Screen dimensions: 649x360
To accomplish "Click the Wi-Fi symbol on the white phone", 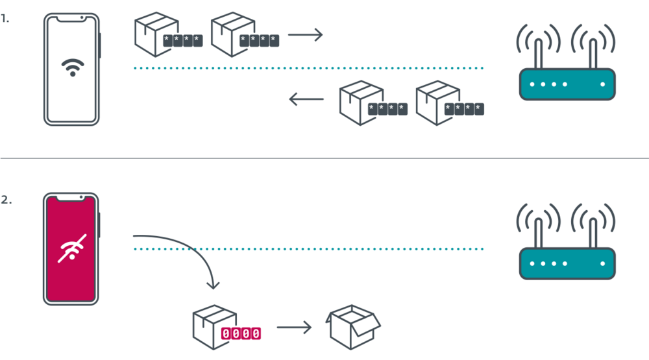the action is point(73,67).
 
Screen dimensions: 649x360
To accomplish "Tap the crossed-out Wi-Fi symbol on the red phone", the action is point(72,248).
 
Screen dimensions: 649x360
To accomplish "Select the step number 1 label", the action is point(5,19).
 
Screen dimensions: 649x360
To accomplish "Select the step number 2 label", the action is point(6,200).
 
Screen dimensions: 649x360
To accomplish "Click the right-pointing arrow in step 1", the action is point(306,34).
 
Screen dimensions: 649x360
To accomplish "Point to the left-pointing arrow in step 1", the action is point(306,99).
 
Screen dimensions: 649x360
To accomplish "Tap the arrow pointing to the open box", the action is point(294,328).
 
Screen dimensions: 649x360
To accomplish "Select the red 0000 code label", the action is point(241,333).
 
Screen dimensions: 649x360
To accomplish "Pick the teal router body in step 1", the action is point(567,84).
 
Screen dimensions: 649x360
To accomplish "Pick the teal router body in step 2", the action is point(567,263).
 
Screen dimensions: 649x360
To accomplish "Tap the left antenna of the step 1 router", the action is point(539,54).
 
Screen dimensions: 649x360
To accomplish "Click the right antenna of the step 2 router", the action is point(593,233).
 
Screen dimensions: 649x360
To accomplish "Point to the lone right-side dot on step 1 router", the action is point(603,84).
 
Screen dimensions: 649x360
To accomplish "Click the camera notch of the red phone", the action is point(71,197).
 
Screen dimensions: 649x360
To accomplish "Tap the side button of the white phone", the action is point(100,45).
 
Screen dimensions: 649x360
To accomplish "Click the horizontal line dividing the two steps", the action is point(324,158).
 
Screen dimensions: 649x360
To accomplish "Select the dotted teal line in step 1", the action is point(308,68).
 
